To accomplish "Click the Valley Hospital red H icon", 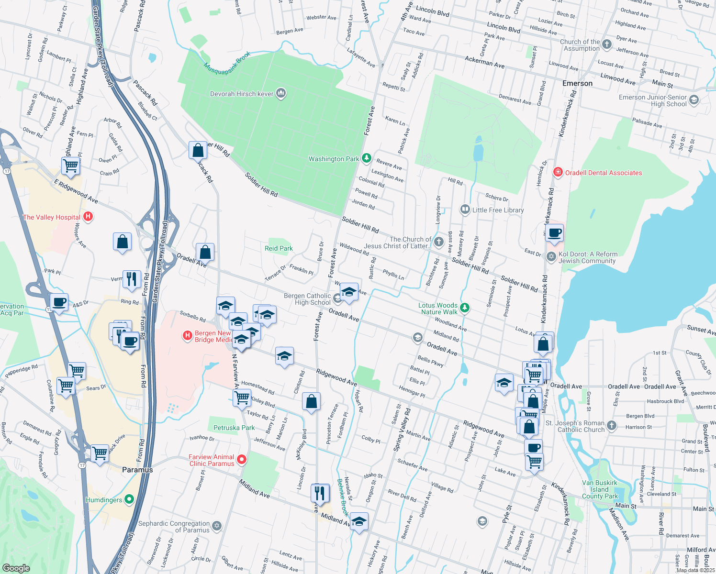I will (x=88, y=217).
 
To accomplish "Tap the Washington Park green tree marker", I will (x=366, y=158).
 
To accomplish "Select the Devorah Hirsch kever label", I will (x=242, y=94).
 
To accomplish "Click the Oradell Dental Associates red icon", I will (x=558, y=172).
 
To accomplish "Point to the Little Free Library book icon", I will (x=464, y=210).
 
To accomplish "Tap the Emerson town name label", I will (x=577, y=83).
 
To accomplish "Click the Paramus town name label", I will (x=137, y=470).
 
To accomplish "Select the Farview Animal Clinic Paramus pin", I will (x=242, y=460).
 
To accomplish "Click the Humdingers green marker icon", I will (x=129, y=500).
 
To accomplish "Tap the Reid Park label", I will (x=279, y=248).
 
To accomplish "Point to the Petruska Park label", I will (x=234, y=428).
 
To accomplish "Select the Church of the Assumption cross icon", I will (x=607, y=44).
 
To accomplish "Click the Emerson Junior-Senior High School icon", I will (x=694, y=100).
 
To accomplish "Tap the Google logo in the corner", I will (x=16, y=568).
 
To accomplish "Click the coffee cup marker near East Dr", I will (x=554, y=233).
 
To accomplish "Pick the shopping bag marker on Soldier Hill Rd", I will (x=198, y=151).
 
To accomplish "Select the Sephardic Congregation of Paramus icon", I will (x=217, y=526).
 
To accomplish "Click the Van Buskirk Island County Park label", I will (x=600, y=489).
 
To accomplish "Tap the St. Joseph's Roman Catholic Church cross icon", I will (x=612, y=425).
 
